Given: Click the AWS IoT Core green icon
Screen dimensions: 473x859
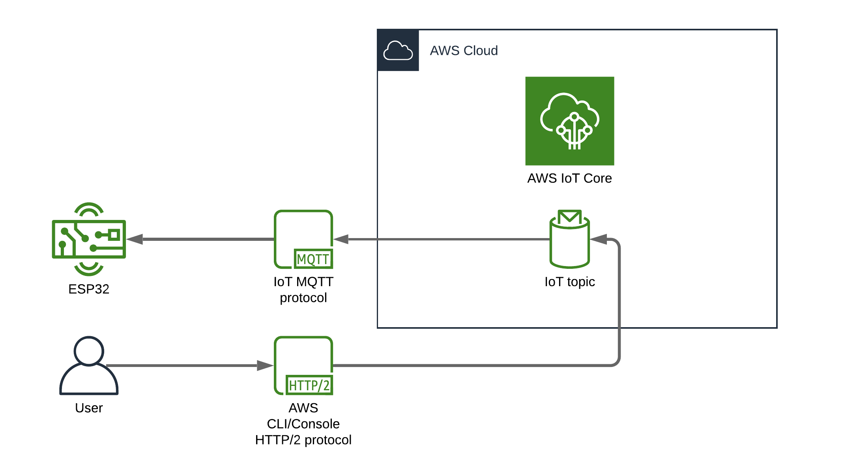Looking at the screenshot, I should pyautogui.click(x=569, y=121).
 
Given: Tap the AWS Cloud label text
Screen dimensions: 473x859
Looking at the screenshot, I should pyautogui.click(x=464, y=51).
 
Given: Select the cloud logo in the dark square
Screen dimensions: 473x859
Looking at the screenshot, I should pyautogui.click(x=398, y=50).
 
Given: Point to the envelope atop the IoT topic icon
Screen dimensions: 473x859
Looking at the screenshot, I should pyautogui.click(x=569, y=217).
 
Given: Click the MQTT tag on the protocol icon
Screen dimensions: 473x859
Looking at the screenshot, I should pyautogui.click(x=313, y=259).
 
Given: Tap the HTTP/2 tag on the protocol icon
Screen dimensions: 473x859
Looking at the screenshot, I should pyautogui.click(x=309, y=385).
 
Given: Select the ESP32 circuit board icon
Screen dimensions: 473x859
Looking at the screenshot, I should pyautogui.click(x=89, y=239).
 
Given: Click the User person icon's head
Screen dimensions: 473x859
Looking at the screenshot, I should pyautogui.click(x=89, y=350).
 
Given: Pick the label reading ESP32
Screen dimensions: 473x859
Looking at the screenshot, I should pyautogui.click(x=89, y=289).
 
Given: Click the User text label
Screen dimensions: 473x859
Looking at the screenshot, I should pyautogui.click(x=89, y=408).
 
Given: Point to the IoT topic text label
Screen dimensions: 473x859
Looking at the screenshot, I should pyautogui.click(x=569, y=282).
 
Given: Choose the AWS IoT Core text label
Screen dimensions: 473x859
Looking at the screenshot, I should pyautogui.click(x=569, y=179).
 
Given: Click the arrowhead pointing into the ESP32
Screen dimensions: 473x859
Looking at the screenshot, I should pyautogui.click(x=135, y=239).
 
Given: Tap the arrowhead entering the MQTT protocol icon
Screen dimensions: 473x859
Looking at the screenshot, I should pyautogui.click(x=341, y=239).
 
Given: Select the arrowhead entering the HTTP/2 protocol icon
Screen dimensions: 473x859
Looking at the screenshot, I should pyautogui.click(x=265, y=365).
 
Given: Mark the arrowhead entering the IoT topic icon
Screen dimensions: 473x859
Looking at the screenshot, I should pyautogui.click(x=599, y=239).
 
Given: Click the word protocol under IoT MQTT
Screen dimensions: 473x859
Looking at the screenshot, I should pyautogui.click(x=303, y=298).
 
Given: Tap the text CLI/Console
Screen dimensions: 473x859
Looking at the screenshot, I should pyautogui.click(x=303, y=424).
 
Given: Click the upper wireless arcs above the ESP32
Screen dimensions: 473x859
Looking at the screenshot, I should pyautogui.click(x=89, y=209).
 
